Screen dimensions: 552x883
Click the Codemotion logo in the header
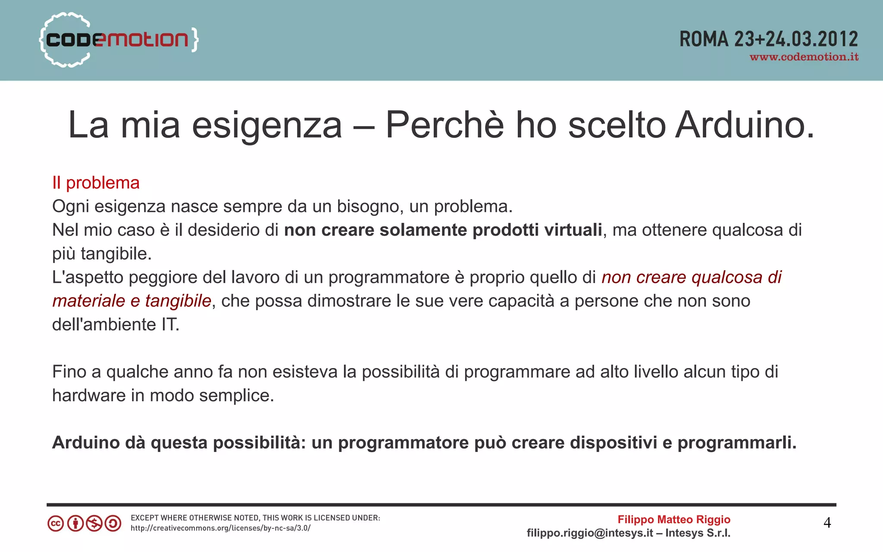pos(119,40)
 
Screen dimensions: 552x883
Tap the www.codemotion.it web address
pos(804,57)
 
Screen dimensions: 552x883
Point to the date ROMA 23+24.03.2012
pos(769,39)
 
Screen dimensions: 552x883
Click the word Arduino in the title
pos(745,125)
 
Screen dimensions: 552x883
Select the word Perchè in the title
pos(445,125)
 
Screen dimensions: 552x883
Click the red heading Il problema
pos(96,183)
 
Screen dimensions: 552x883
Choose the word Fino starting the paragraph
pos(69,371)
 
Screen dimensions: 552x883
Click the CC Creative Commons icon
pos(56,524)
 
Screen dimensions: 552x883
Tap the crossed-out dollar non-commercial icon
pos(94,524)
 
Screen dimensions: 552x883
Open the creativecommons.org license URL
pos(220,528)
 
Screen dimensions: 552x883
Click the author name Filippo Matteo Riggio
pos(674,520)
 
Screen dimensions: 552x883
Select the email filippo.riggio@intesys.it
pos(589,533)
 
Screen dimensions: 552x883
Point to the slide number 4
pos(827,523)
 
